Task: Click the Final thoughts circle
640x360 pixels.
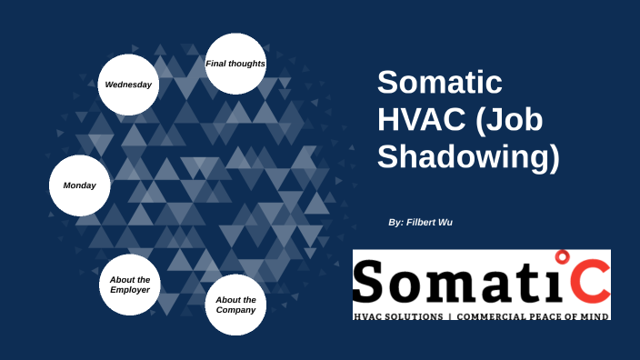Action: (235, 64)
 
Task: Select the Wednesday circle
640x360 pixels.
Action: (128, 85)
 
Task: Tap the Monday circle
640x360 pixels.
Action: (79, 185)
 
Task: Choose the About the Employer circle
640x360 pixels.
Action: (130, 285)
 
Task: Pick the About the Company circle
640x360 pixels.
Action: (235, 305)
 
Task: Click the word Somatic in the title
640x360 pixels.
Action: (440, 83)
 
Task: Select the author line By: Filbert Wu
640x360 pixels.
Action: (419, 222)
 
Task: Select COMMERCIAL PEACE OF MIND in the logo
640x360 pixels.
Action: (533, 315)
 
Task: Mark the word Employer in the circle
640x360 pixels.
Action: (130, 290)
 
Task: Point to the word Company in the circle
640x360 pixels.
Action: (235, 310)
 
